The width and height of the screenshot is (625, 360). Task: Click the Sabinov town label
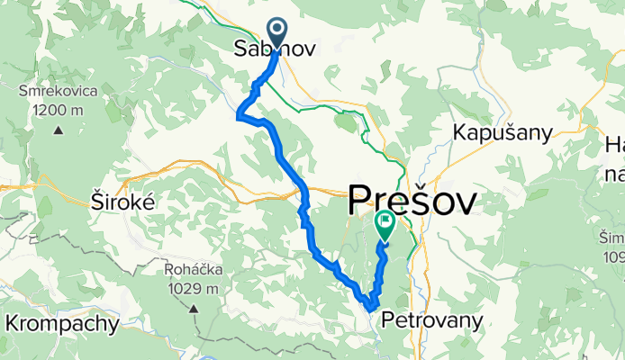[275, 49]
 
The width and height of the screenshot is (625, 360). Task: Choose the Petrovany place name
[431, 319]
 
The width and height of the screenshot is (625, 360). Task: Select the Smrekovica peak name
[59, 91]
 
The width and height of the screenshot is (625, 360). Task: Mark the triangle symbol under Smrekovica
[59, 130]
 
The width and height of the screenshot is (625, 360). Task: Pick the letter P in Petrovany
[388, 319]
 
